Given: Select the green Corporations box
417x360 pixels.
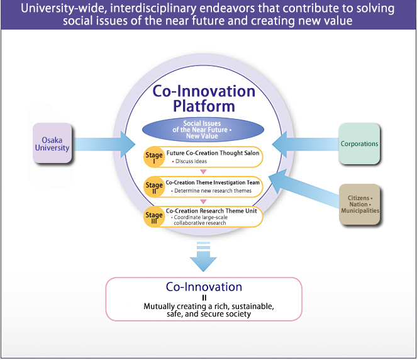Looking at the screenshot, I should (359, 143).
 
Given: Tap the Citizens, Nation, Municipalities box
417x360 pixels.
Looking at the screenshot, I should (359, 205).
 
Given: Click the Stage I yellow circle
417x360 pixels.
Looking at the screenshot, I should (154, 157).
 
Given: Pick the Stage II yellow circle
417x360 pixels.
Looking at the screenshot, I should (154, 186).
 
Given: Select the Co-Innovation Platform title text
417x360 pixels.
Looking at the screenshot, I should (204, 98).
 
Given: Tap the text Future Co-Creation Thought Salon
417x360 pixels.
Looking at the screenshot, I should (213, 153).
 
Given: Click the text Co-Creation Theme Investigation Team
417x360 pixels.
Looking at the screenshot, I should (213, 182).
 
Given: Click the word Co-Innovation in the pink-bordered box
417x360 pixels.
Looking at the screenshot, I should (204, 287).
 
